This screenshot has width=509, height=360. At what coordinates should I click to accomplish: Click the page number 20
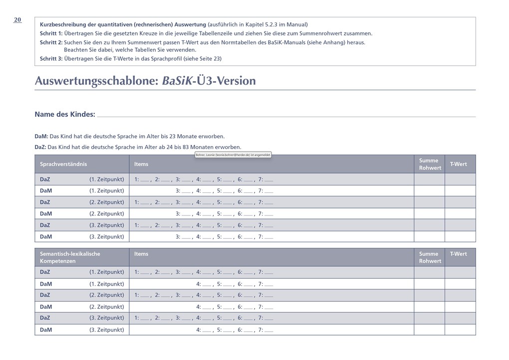point(17,20)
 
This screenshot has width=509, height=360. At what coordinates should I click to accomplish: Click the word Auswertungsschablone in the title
point(95,81)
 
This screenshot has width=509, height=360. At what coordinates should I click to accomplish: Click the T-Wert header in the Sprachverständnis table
point(459,164)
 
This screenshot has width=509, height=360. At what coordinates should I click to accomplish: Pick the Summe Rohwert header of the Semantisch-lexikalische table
point(430,257)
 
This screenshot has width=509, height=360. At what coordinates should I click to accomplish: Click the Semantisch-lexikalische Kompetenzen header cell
point(70,257)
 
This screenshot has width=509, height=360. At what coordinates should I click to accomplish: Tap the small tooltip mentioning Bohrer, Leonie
point(233,155)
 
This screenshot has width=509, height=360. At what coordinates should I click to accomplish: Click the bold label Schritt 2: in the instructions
point(51,42)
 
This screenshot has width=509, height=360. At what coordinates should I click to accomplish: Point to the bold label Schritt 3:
point(51,58)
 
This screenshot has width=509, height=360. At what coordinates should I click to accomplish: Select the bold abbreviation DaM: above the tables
point(41,136)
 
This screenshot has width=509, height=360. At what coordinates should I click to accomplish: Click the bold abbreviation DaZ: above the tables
point(40,147)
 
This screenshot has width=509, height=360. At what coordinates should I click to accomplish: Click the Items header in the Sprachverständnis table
point(141,164)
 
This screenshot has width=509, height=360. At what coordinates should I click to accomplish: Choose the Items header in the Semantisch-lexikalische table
point(141,254)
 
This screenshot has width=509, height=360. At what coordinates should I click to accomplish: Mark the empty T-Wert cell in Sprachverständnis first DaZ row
point(460,179)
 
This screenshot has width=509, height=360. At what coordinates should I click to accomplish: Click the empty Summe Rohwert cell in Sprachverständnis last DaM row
point(429,237)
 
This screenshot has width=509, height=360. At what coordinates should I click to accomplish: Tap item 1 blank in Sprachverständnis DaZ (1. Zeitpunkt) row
point(144,180)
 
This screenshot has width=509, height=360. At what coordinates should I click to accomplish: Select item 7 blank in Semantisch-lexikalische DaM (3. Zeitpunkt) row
point(269,330)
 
